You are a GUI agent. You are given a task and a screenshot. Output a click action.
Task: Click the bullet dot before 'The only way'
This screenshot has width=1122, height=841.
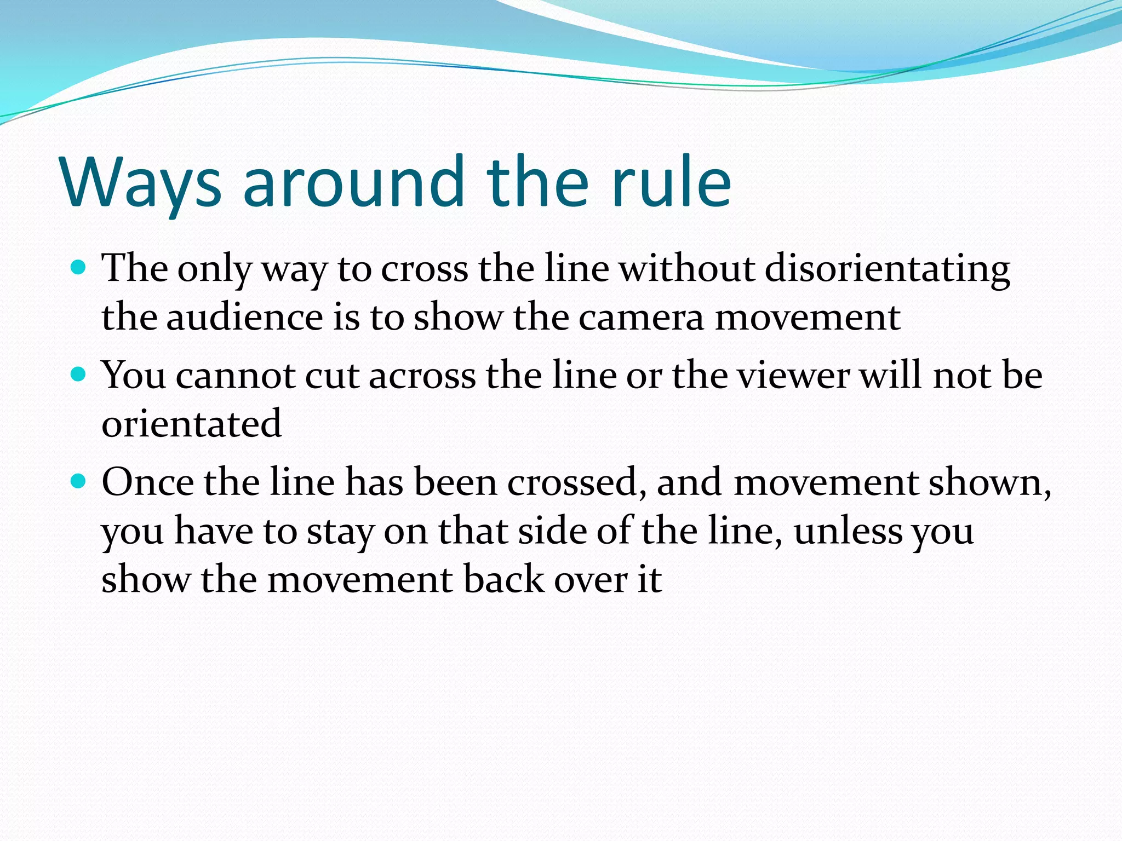[79, 268]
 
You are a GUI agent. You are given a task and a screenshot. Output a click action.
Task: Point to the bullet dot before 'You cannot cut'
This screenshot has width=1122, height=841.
[79, 375]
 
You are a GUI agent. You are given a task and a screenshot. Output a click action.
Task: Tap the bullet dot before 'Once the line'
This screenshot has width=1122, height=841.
[79, 481]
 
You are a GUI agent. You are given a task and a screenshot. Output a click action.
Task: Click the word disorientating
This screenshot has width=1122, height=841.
[887, 269]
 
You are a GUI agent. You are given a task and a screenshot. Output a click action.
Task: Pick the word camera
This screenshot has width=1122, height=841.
[641, 317]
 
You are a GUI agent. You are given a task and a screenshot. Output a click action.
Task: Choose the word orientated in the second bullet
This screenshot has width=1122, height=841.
[192, 424]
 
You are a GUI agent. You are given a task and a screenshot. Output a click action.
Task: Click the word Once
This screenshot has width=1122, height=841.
[148, 482]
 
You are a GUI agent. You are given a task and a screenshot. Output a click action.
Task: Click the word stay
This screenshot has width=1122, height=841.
[340, 532]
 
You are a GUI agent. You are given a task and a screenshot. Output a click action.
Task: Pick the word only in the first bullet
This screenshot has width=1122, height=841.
[214, 270]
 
